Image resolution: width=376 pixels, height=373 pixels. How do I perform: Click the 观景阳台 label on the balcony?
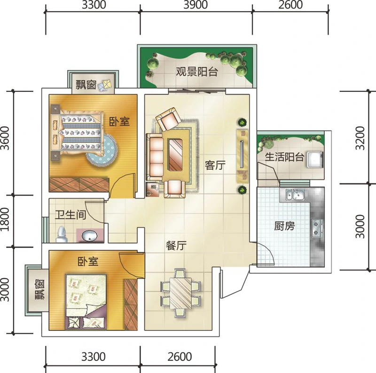(x=197, y=71)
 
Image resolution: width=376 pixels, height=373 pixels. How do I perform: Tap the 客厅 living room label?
(x=215, y=165)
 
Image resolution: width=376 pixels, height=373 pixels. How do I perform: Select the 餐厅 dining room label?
(x=176, y=246)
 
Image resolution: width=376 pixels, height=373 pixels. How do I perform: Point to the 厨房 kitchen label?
(x=284, y=226)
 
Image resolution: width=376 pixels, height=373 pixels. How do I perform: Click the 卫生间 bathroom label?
(x=70, y=215)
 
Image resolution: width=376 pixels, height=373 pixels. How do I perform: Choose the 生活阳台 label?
(x=285, y=157)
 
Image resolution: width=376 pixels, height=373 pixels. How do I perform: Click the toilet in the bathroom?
(x=62, y=234)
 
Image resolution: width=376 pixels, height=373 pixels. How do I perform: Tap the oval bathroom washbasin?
(x=89, y=236)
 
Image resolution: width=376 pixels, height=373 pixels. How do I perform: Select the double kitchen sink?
(x=295, y=195)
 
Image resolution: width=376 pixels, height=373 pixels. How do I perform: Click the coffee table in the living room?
(x=176, y=155)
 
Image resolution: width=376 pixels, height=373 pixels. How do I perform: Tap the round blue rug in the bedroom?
(x=102, y=151)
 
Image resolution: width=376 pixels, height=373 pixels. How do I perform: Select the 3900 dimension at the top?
(x=196, y=5)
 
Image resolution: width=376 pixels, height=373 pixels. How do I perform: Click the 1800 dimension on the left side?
(x=5, y=219)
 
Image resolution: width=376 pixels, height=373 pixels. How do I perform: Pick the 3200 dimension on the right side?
(x=360, y=138)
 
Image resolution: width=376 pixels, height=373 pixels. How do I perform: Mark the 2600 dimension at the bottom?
(x=180, y=357)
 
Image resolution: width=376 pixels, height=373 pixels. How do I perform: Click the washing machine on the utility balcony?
(x=315, y=159)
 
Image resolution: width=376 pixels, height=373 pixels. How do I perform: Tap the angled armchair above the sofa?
(x=169, y=119)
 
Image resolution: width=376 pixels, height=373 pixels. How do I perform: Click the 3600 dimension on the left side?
(x=5, y=138)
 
